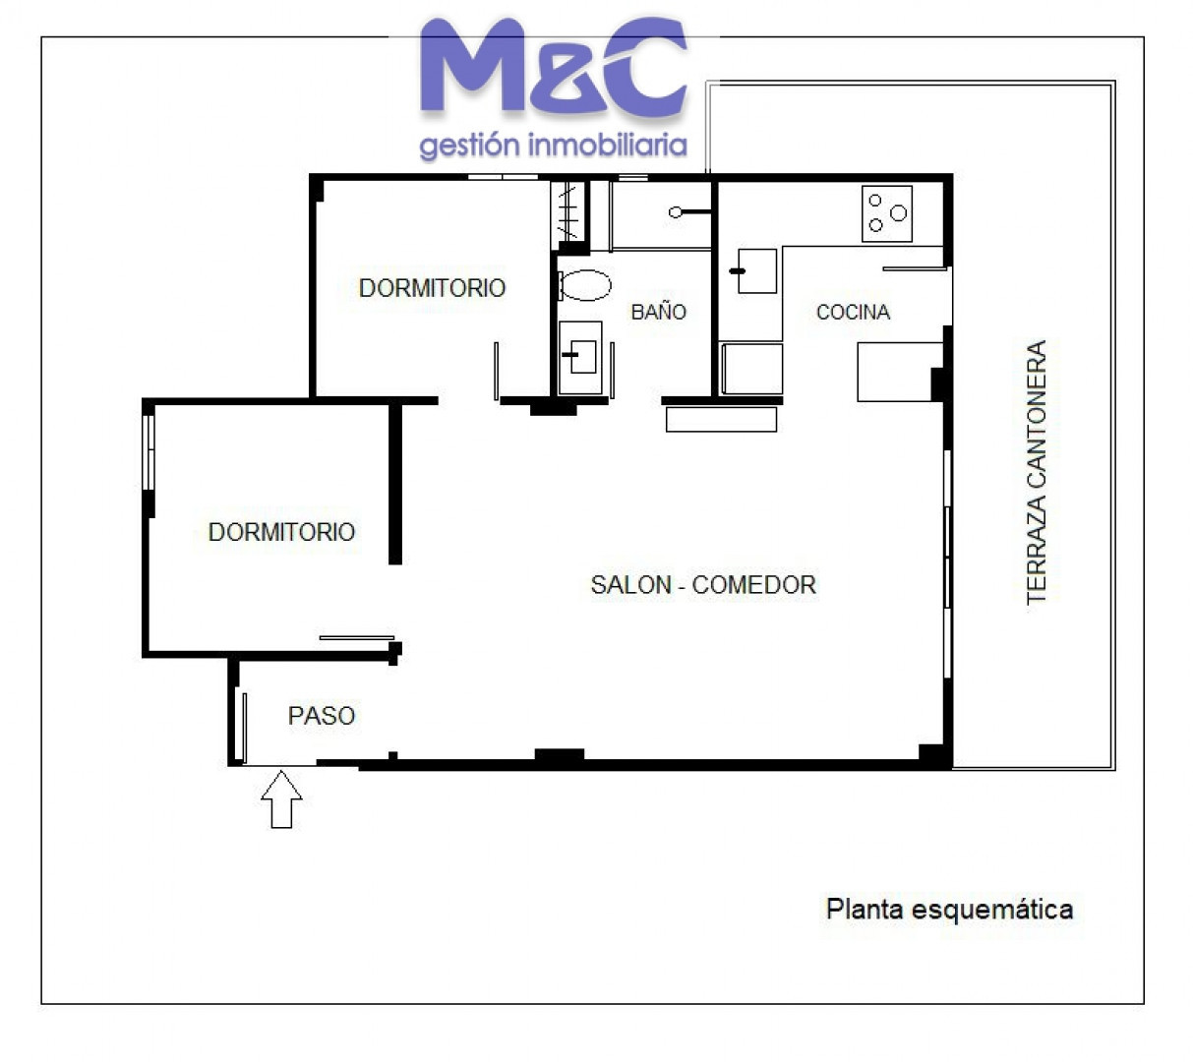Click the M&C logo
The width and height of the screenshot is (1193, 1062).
(554, 66)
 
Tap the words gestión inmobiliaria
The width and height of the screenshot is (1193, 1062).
(553, 145)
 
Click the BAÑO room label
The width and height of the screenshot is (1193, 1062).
(658, 312)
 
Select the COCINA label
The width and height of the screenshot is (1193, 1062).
(853, 312)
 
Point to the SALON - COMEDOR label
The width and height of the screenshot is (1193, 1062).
(703, 584)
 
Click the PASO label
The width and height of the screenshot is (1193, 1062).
(321, 716)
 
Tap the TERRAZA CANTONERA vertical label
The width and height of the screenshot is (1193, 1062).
(1036, 472)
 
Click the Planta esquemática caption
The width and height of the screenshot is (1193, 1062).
(949, 909)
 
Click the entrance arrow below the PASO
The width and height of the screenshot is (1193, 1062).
(281, 798)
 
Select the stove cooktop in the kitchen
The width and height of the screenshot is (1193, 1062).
(887, 213)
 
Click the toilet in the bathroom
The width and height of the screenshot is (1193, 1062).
(584, 285)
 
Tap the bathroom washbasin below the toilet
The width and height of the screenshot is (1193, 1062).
(580, 357)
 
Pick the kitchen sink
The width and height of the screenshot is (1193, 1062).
(756, 270)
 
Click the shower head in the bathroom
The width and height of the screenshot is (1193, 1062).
(676, 212)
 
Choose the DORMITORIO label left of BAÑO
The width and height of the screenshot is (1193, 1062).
(432, 288)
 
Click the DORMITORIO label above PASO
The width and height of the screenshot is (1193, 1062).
(281, 532)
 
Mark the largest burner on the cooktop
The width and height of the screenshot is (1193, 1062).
(898, 212)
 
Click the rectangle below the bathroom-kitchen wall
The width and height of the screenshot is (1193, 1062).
(721, 419)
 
